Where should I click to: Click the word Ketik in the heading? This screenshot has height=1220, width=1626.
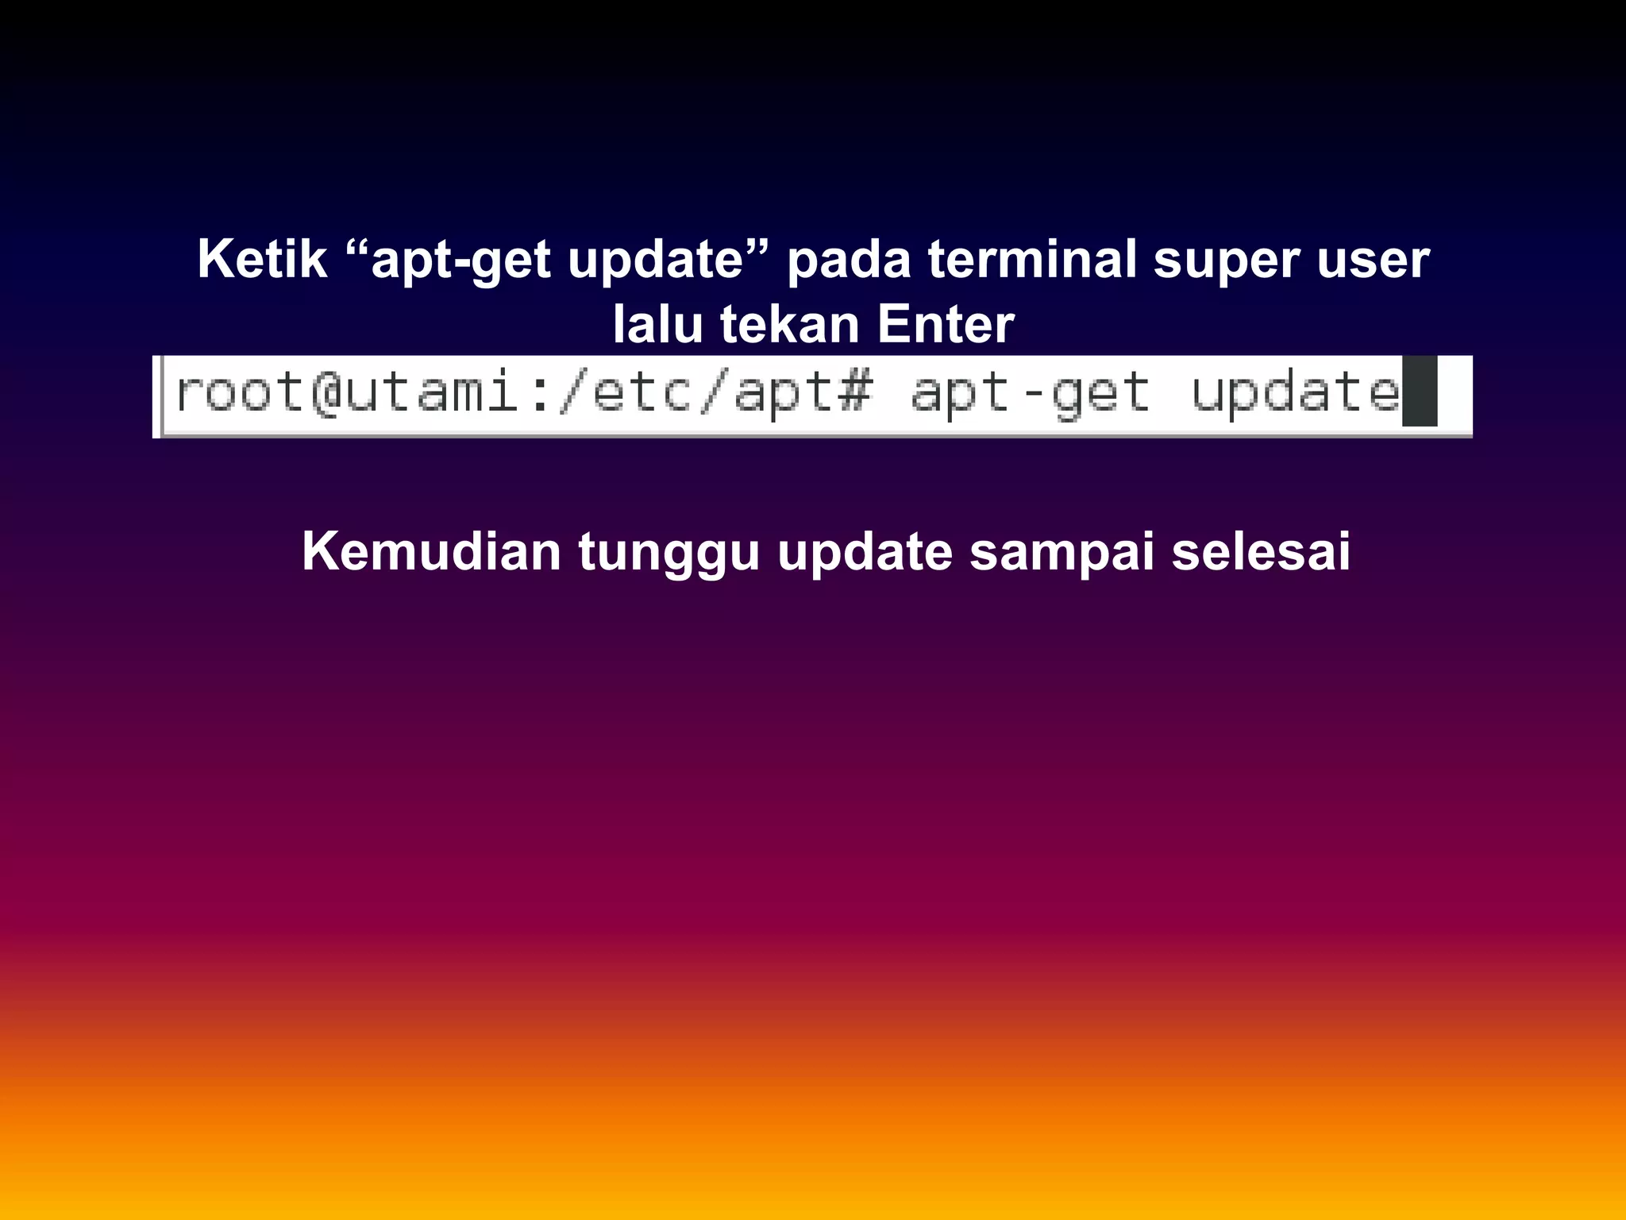tap(262, 259)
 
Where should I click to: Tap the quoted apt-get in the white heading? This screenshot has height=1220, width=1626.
tap(460, 261)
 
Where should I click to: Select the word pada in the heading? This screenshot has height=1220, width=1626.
tap(848, 261)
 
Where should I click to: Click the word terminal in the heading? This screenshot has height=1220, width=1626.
tap(1032, 259)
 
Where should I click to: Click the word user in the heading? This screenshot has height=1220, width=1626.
tap(1374, 261)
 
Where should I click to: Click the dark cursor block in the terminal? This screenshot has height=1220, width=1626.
tap(1420, 392)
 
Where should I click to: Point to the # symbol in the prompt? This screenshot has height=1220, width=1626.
tap(854, 392)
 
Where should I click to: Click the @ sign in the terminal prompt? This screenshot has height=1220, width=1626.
tap(326, 392)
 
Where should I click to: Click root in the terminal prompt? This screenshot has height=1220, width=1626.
tap(239, 392)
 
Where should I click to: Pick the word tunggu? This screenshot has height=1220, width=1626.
tap(669, 553)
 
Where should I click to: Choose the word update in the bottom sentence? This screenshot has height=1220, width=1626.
tap(865, 553)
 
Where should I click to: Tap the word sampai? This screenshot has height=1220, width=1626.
tap(1062, 553)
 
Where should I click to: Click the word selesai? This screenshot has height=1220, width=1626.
tap(1261, 551)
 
